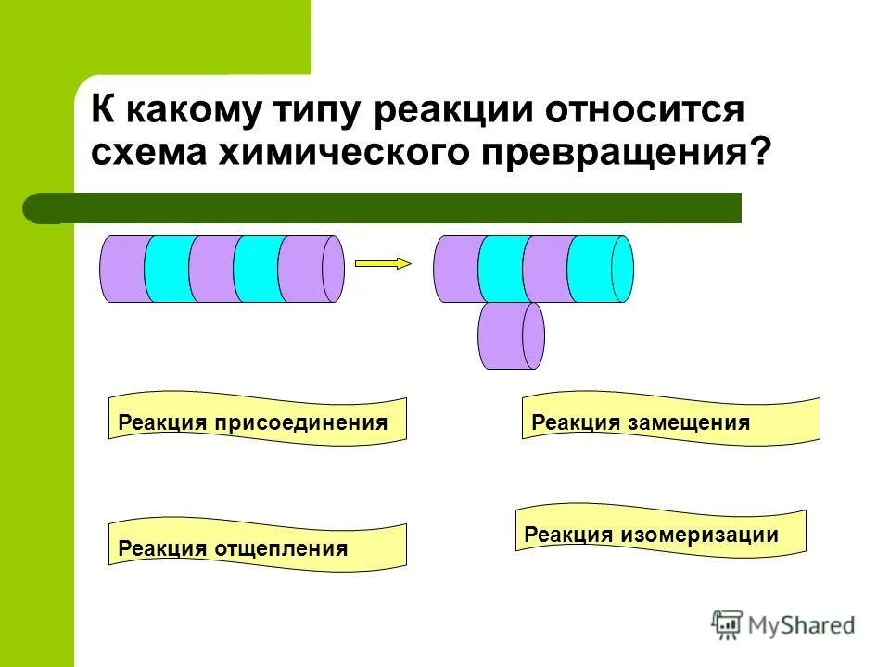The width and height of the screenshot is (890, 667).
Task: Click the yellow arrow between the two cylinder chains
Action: pos(383,263)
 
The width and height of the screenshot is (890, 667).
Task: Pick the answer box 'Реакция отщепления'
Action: pos(258,547)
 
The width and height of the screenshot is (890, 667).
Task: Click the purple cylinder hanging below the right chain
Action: pos(510,335)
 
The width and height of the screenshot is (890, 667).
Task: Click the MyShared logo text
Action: pos(803,626)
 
